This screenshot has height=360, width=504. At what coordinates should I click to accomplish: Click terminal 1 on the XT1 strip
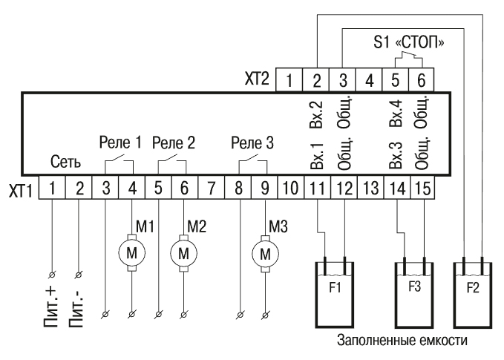click(x=53, y=188)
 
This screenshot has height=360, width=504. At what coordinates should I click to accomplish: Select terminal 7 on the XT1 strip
click(x=212, y=188)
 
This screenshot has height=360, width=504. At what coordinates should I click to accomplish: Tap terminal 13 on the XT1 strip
click(x=369, y=188)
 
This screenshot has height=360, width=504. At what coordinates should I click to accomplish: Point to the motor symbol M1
click(x=133, y=253)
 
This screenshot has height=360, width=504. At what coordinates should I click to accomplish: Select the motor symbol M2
click(x=185, y=253)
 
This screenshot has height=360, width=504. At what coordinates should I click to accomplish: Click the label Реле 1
click(x=120, y=142)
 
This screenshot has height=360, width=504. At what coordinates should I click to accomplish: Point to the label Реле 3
click(x=252, y=142)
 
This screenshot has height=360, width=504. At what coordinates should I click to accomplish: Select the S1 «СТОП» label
click(x=409, y=43)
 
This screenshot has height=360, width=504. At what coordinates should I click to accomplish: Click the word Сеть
click(x=65, y=162)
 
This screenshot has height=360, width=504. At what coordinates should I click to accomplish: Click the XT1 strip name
click(x=22, y=189)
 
